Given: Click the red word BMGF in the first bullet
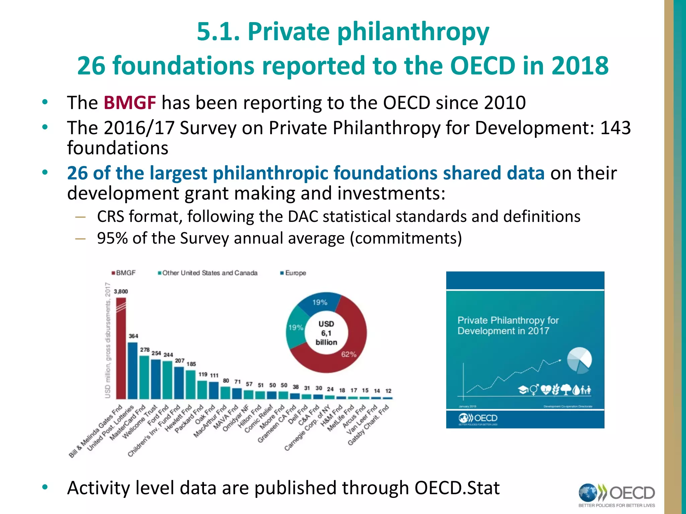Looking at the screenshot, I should (130, 103).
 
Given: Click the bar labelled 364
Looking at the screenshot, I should (133, 370).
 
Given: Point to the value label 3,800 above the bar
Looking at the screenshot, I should (121, 291).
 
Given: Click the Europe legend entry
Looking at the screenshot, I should (293, 273).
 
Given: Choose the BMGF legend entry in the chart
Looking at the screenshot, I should (124, 273).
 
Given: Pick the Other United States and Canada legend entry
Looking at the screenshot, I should (208, 273).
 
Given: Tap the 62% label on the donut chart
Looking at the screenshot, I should (349, 354).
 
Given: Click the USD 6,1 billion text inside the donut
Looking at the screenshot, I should (326, 333).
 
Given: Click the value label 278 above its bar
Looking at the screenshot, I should (145, 350).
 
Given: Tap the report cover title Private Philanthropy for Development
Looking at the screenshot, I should (508, 326).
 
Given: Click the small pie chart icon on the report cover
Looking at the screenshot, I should (579, 360).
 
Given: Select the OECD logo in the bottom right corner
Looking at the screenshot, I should (617, 494).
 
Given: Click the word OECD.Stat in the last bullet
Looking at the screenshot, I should (457, 488).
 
